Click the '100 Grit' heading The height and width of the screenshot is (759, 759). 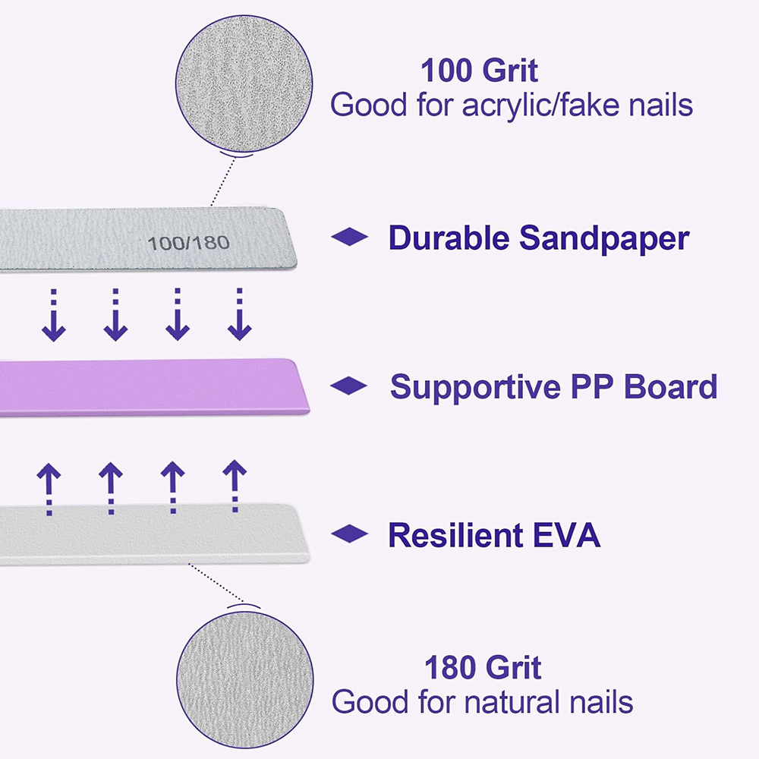point(479,71)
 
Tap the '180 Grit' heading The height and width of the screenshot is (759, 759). point(483,668)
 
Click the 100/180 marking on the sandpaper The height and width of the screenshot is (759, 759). point(189,243)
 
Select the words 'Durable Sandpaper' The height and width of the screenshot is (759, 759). point(538,238)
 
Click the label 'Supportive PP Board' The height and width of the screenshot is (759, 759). point(553,386)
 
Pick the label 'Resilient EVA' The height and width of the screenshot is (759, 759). point(494,535)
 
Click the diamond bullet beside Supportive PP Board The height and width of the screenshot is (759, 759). point(349,386)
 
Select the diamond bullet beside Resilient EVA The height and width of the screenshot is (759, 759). point(349,535)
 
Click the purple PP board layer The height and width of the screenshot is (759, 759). point(152,387)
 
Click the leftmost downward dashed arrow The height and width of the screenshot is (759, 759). point(53,315)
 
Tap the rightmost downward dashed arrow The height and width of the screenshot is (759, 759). point(239,315)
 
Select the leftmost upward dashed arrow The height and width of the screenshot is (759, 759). point(49,490)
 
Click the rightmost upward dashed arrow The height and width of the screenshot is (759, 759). point(235,486)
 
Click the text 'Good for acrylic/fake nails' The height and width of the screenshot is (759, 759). point(512,105)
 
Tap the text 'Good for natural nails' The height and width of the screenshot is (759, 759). point(483,701)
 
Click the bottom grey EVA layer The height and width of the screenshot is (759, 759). point(152,535)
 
